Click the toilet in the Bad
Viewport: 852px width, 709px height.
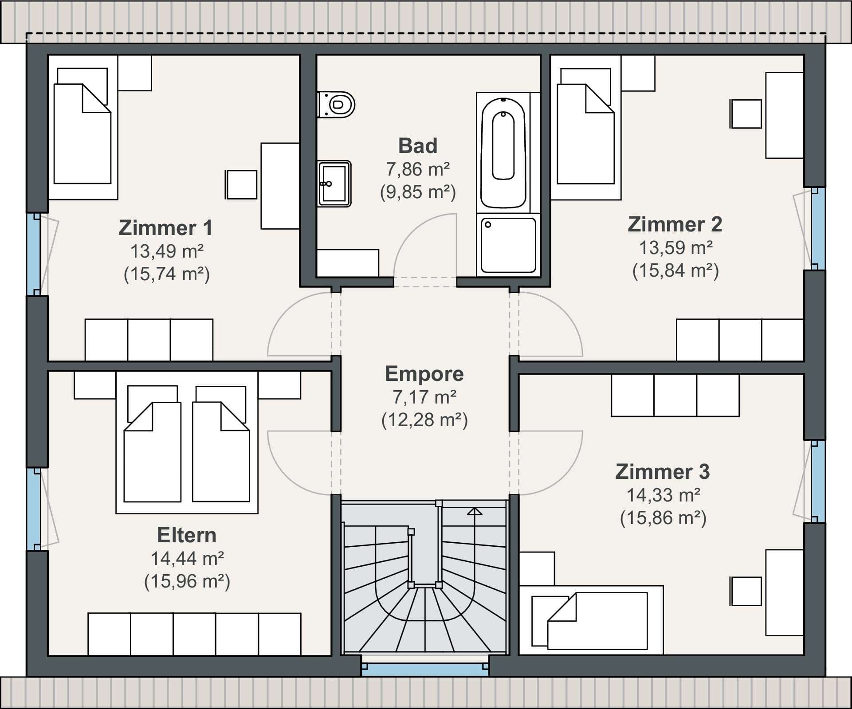[x=336, y=105]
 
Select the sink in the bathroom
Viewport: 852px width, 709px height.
[x=334, y=184]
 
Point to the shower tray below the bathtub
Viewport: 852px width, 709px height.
[x=508, y=245]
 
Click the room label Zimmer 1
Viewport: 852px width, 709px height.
[x=165, y=227]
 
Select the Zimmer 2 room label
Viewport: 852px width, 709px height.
[x=675, y=224]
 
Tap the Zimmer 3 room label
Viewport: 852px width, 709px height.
[x=662, y=471]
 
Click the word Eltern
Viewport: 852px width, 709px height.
[x=187, y=535]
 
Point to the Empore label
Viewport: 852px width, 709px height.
[x=424, y=374]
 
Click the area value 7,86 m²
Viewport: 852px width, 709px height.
[x=418, y=169]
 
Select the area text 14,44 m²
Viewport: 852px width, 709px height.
[x=187, y=558]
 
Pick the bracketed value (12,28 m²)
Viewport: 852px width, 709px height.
[x=424, y=419]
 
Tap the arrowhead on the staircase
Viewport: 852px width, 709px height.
[x=475, y=512]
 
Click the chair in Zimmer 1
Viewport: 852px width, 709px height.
[x=241, y=184]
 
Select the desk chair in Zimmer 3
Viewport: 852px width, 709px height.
[x=746, y=591]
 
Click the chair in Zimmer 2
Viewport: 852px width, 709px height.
[x=746, y=114]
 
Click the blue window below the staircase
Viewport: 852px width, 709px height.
[x=425, y=670]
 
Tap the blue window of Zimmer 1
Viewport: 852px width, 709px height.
[x=34, y=254]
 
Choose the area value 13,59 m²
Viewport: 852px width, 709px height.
[x=675, y=247]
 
